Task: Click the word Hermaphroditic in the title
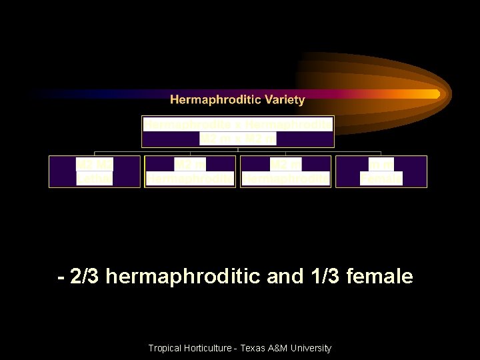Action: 216,100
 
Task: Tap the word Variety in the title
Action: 284,100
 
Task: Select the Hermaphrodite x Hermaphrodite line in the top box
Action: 238,124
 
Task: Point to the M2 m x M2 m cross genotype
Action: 238,139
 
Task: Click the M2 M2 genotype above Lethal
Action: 94,164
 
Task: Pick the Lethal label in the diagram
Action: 94,179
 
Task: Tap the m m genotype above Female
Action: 381,164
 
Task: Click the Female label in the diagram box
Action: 381,179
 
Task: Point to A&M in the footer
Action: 281,348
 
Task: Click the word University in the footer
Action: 313,348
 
